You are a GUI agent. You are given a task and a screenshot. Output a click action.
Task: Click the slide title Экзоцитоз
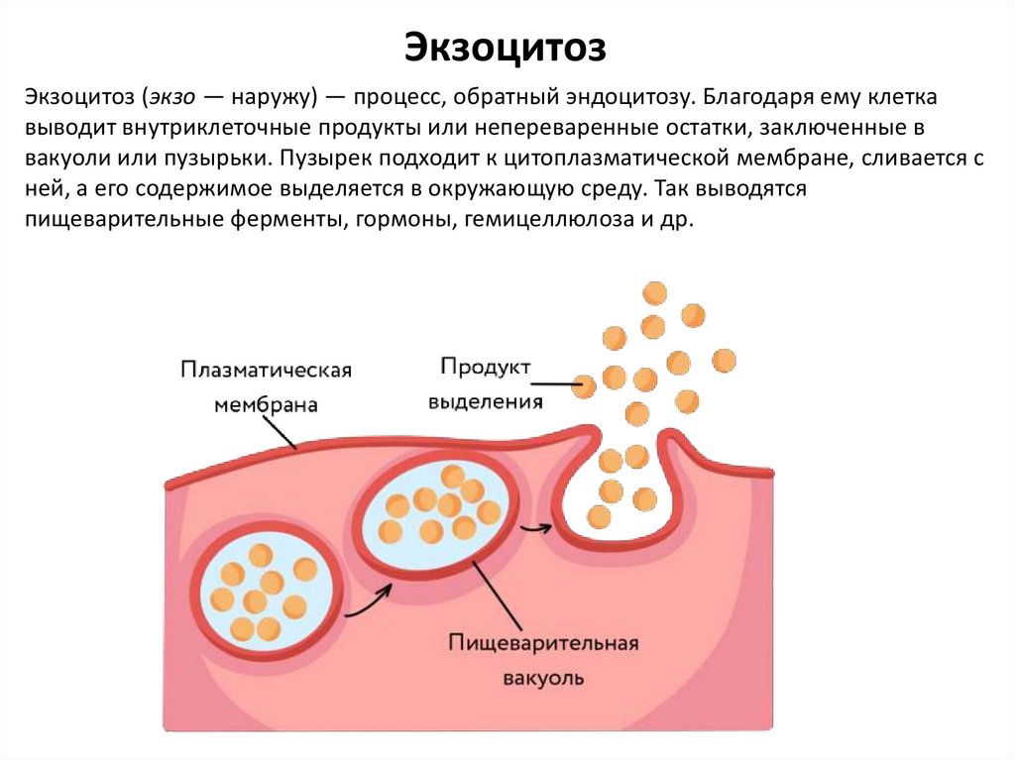click(507, 47)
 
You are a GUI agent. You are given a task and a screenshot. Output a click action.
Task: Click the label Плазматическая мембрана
click(267, 386)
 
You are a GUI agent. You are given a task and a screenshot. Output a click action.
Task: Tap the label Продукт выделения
click(486, 383)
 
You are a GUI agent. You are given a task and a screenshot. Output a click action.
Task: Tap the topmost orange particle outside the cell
click(654, 292)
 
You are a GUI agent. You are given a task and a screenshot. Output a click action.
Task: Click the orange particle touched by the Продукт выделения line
click(585, 384)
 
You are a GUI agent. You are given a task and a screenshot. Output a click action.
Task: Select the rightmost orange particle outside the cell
click(725, 361)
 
